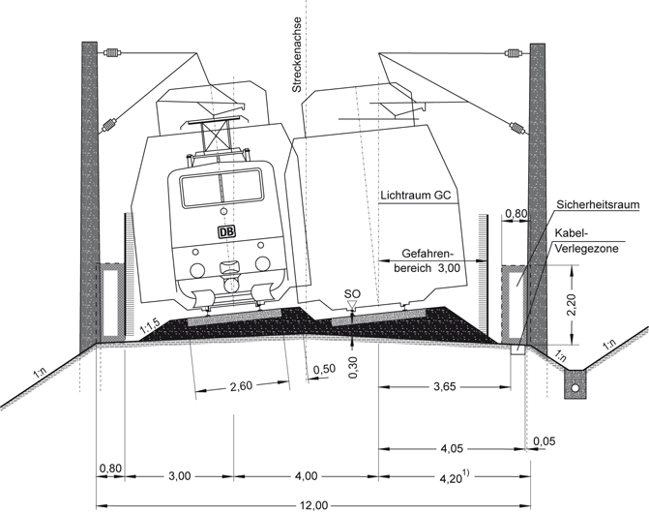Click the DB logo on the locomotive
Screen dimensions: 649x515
[226, 232]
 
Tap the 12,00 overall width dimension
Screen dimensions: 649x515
[313, 506]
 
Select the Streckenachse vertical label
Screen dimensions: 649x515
[296, 54]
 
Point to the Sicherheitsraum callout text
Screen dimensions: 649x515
[598, 204]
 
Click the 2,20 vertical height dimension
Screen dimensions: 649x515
[573, 305]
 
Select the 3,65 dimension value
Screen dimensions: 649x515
[445, 387]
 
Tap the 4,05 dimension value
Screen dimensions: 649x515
[452, 449]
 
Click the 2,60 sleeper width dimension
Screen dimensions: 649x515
[241, 386]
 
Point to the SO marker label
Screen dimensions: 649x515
[352, 293]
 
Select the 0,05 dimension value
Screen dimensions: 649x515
[544, 441]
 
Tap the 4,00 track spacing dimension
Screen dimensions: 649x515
[307, 476]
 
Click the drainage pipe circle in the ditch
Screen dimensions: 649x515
[575, 388]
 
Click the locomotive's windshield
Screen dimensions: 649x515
[221, 189]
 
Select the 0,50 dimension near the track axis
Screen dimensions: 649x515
[324, 370]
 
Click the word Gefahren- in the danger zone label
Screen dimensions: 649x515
[428, 254]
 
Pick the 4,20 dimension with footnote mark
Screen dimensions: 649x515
[454, 477]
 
